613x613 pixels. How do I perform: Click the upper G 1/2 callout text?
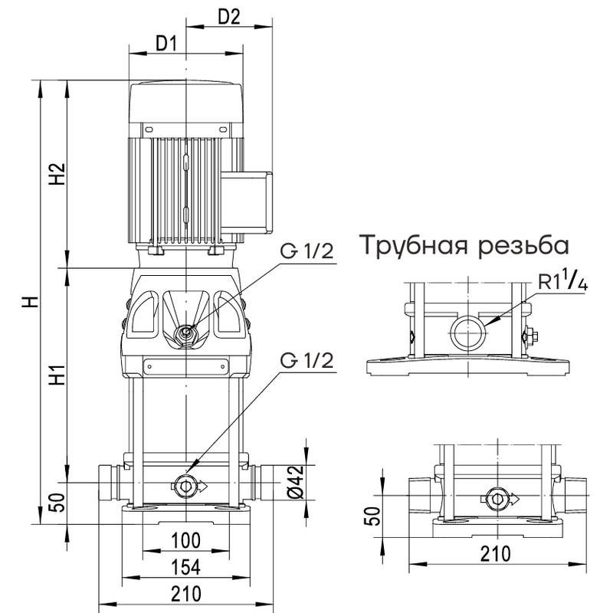coord(307,252)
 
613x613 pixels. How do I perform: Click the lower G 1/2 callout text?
coord(307,360)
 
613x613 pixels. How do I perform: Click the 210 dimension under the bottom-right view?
coord(498,552)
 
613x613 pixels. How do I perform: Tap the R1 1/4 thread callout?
coord(562,282)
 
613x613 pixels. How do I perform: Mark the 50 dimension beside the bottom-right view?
coord(371,517)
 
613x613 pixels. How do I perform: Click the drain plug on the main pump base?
coord(185,484)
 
